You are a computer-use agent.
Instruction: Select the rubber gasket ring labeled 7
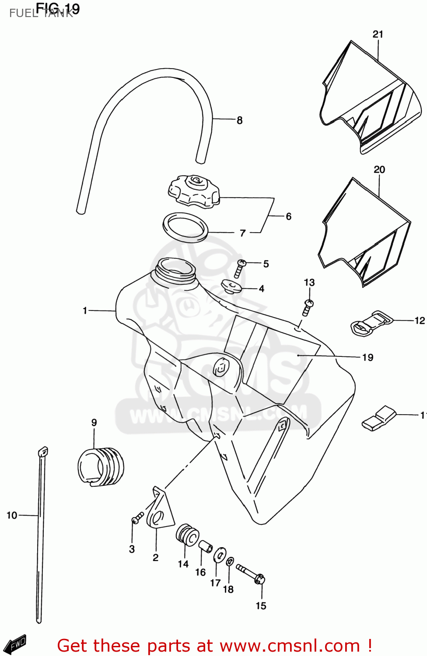[185, 227]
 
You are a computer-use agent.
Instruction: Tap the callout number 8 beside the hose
[239, 120]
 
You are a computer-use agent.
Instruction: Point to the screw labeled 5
[239, 268]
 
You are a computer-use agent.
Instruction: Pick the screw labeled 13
[308, 307]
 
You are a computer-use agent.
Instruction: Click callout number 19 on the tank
[367, 357]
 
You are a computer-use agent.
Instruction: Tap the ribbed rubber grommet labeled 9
[101, 466]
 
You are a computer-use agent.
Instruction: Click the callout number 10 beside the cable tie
[12, 515]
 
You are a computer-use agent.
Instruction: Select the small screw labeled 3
[137, 518]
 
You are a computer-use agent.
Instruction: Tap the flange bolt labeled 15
[251, 574]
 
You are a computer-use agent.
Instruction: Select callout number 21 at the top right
[378, 34]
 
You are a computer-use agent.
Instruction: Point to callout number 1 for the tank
[85, 311]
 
